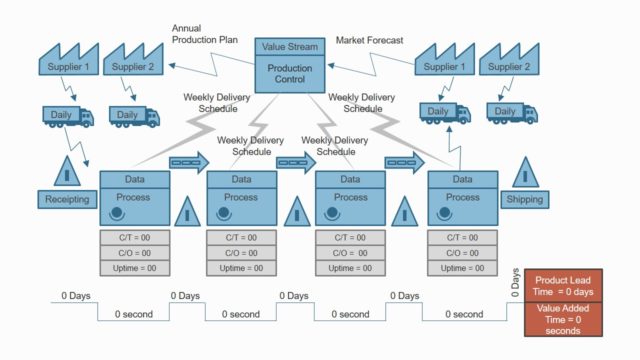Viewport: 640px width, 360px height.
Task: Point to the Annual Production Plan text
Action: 204,34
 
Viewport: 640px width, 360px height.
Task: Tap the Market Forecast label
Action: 370,40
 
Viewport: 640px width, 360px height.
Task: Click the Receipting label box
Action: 67,199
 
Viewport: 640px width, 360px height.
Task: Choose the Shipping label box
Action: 525,199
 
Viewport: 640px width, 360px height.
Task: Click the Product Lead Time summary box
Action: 565,285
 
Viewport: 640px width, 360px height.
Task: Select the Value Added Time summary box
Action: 565,319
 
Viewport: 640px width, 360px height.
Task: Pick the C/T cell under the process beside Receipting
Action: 133,238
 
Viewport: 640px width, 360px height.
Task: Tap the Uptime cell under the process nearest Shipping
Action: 462,268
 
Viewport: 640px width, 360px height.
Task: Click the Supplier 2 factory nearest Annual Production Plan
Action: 133,63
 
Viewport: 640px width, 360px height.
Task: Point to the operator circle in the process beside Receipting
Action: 118,213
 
